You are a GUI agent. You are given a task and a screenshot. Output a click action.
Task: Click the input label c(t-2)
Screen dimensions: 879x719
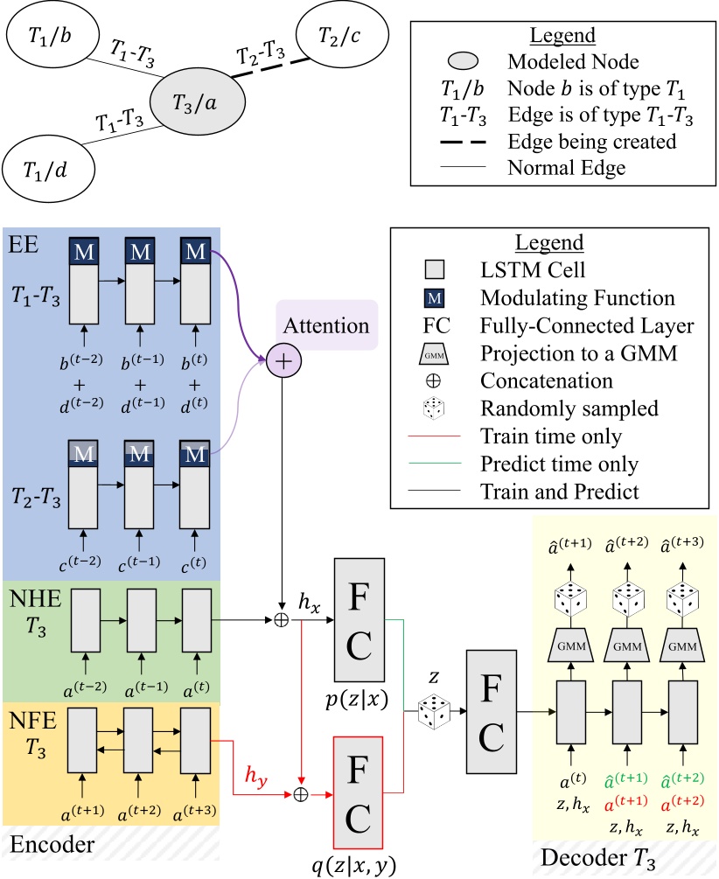[x=84, y=560]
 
